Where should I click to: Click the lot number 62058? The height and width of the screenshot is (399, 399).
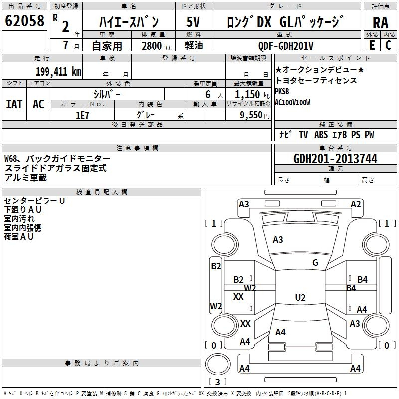click(24, 20)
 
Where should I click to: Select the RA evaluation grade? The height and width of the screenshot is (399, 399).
click(381, 23)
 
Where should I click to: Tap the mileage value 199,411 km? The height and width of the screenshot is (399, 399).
click(58, 71)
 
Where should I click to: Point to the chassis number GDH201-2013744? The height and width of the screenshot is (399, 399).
click(335, 159)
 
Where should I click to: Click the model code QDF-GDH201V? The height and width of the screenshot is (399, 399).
click(286, 46)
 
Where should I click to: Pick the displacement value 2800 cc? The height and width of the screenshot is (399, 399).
click(157, 46)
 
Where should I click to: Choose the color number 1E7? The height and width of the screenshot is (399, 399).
click(82, 115)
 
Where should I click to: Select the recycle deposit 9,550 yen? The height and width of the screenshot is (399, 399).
click(255, 115)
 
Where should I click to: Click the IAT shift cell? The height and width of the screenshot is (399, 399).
click(14, 104)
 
